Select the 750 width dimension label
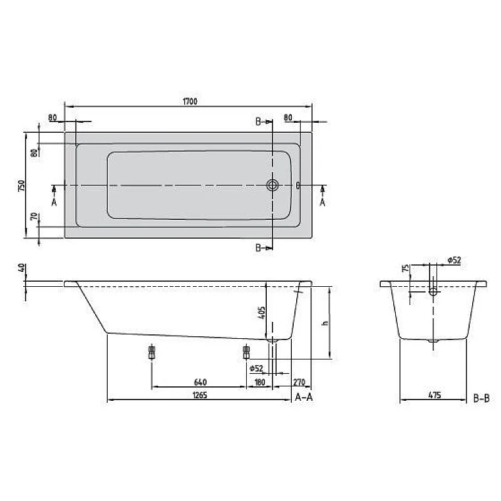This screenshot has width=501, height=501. pyautogui.click(x=21, y=185)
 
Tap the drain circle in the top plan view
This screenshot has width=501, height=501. pyautogui.click(x=273, y=185)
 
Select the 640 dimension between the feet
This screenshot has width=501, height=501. pyautogui.click(x=200, y=381)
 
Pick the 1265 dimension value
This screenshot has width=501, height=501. pyautogui.click(x=200, y=395)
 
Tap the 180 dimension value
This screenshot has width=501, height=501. pyautogui.click(x=259, y=381)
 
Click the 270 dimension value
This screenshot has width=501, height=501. pyautogui.click(x=298, y=381)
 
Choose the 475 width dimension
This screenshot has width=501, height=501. pyautogui.click(x=435, y=395)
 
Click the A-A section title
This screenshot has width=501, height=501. pyautogui.click(x=304, y=397)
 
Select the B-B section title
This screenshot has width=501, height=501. pyautogui.click(x=482, y=397)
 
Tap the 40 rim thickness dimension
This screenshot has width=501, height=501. pyautogui.click(x=22, y=268)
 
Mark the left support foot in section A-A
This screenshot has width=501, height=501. pyautogui.click(x=151, y=352)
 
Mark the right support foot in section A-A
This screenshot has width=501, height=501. pyautogui.click(x=246, y=352)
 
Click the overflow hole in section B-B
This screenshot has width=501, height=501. pyautogui.click(x=433, y=291)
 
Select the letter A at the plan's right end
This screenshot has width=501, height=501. pyautogui.click(x=323, y=202)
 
